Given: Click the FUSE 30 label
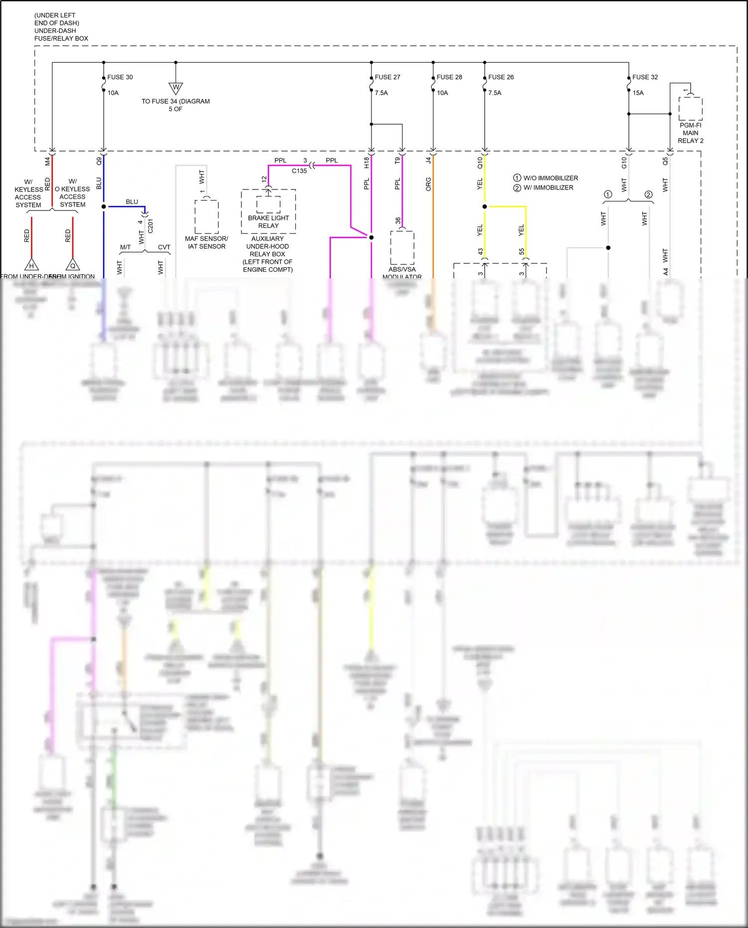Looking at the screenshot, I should (120, 77).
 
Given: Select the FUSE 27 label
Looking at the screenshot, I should (387, 77).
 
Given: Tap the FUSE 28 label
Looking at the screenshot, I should (449, 77).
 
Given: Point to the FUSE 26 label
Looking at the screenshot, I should (501, 77).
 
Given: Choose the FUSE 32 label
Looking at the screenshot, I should (645, 77).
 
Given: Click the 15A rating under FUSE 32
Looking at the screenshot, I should (638, 93).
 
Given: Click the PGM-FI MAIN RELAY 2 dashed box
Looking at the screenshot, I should (690, 109).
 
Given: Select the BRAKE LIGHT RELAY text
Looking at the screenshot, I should (268, 222).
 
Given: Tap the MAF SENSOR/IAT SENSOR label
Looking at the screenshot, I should (206, 242).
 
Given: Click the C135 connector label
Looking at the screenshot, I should (299, 171).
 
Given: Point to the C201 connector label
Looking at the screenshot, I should (150, 225).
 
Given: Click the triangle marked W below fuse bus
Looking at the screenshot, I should (176, 88).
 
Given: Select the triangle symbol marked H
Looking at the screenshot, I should (31, 265).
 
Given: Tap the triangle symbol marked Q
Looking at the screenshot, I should (73, 265).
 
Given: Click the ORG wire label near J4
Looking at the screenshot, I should (428, 185).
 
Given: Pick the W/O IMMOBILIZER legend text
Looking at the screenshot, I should (551, 178).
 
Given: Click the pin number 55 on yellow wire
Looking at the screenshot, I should (522, 252).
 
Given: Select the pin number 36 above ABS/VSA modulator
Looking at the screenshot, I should (398, 220).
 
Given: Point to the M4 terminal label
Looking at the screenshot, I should (48, 161).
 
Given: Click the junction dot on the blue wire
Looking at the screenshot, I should (104, 206).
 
